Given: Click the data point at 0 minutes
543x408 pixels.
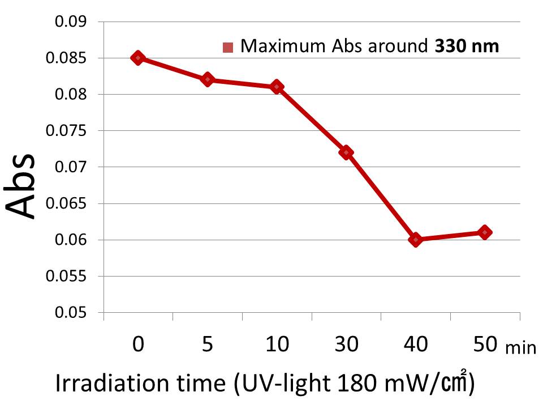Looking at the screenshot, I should coord(138,58).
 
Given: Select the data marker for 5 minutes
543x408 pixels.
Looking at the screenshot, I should coord(208,79).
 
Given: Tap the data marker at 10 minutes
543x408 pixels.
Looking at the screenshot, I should coord(277,87).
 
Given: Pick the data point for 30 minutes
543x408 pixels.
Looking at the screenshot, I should coord(346,152).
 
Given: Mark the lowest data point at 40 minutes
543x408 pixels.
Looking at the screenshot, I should coord(416,240).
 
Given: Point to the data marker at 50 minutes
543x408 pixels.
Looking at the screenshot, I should coord(485,232).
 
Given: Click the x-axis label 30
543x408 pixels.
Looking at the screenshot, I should coord(346,345).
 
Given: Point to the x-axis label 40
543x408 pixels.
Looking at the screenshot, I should coord(416,345).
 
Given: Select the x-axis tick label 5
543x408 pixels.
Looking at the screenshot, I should coord(208,345).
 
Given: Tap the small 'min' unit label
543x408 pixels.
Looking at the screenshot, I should coord(520,347).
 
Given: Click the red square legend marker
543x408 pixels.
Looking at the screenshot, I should coord(228,47).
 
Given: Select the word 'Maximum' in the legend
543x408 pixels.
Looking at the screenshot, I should coord(274,46).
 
